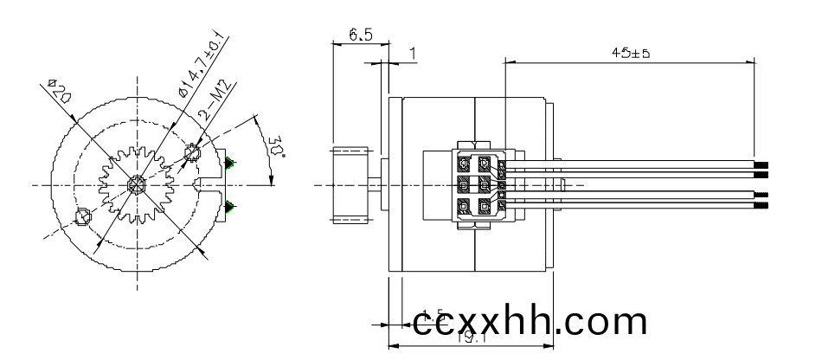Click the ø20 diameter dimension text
tap(61, 91)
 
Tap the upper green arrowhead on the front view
tap(229, 163)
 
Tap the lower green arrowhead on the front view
tap(229, 206)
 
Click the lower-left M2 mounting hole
tap(83, 216)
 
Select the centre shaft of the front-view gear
tap(136, 184)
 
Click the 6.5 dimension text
tap(361, 35)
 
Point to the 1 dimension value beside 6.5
tap(412, 55)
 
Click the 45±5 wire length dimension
tap(630, 53)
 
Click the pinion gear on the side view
tap(354, 184)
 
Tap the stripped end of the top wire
tap(761, 164)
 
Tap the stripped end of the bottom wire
tap(761, 207)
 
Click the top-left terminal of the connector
tap(464, 163)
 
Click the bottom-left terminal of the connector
tap(464, 206)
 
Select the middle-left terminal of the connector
tap(464, 184)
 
